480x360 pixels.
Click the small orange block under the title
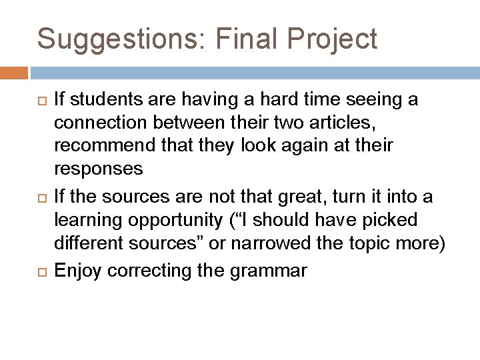[x=14, y=72]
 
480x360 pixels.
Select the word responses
[x=99, y=169]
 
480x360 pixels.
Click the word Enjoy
[x=77, y=271]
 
